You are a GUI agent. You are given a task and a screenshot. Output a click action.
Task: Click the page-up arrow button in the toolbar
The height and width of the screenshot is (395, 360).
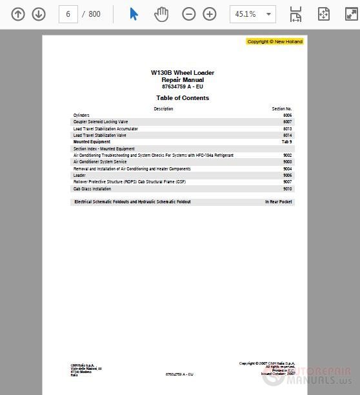18,14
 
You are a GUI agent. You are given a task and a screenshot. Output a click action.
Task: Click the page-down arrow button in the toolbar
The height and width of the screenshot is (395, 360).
39,14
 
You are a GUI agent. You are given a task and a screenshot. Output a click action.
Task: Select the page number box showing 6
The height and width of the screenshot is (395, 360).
68,14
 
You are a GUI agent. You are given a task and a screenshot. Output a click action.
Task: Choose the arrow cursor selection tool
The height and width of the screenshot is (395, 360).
134,14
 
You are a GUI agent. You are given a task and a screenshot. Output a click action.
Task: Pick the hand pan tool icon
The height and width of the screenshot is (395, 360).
161,14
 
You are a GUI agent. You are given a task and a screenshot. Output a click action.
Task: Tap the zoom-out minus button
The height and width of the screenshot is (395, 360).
189,14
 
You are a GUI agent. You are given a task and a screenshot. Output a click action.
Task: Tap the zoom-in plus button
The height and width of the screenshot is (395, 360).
210,14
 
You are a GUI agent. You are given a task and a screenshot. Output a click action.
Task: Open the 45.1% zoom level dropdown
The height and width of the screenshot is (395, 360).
252,14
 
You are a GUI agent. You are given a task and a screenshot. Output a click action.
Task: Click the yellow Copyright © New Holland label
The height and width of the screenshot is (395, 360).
275,41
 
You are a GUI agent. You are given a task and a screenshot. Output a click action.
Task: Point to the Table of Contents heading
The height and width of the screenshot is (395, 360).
183,98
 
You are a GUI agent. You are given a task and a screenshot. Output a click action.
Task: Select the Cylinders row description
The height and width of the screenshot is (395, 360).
81,115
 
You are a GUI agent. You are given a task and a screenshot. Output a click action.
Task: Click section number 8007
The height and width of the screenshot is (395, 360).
287,121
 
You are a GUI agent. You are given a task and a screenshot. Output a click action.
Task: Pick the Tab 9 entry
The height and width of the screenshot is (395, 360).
286,141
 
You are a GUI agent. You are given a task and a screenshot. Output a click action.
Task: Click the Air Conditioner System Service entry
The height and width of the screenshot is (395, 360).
100,162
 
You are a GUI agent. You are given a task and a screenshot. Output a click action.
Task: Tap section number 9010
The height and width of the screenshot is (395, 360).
287,189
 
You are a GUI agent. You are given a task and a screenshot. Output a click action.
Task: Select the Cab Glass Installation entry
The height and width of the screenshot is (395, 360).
92,189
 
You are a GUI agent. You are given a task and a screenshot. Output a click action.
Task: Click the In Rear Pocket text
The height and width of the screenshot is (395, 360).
278,202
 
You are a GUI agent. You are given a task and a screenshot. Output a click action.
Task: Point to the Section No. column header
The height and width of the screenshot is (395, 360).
282,108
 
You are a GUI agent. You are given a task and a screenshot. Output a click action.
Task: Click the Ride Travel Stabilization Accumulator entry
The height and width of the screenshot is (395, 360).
105,128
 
